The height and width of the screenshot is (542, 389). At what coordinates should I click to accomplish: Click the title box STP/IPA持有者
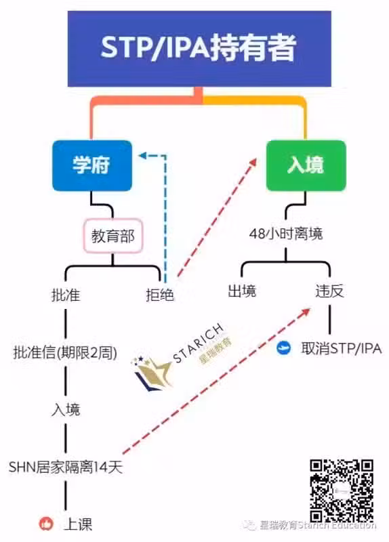point(199,48)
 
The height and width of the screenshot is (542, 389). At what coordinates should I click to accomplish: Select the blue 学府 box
point(92,165)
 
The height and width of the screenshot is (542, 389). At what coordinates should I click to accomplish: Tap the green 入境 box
point(306,165)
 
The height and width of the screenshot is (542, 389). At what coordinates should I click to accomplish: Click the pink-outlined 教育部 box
point(113,236)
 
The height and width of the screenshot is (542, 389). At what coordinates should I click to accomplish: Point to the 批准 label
point(66,295)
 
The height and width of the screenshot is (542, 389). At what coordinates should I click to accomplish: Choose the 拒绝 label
point(160,295)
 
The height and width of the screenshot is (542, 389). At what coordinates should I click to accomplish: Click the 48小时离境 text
point(286,234)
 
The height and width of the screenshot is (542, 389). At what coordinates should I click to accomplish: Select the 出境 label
point(242,291)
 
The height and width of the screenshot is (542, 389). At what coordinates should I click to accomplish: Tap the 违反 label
point(329,291)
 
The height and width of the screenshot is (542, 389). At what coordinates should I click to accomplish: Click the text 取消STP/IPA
point(342,348)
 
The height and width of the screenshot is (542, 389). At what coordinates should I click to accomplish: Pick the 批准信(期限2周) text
point(65,352)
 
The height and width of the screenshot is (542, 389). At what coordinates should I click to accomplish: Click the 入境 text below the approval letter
point(66,410)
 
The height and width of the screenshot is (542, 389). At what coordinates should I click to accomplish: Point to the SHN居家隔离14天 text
point(66,467)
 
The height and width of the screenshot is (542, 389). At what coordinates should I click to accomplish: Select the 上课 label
point(78,524)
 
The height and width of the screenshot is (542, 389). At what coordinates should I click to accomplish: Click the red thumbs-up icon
point(46,524)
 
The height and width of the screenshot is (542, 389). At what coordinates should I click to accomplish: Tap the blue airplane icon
point(284,348)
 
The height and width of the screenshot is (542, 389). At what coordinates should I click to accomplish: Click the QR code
point(342,490)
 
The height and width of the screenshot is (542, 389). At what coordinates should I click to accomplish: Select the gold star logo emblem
point(152,373)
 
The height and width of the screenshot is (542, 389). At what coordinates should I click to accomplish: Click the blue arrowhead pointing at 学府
point(142,156)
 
